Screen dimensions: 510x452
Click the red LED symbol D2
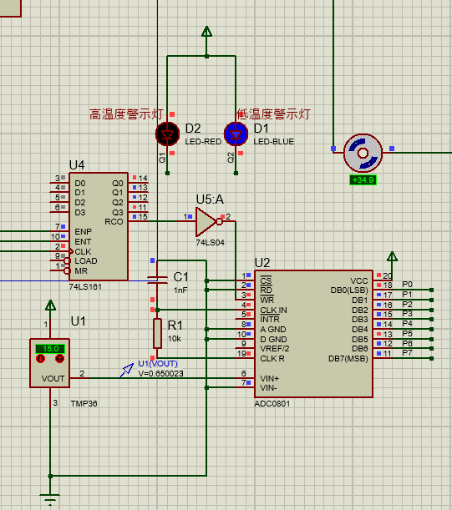click(168, 134)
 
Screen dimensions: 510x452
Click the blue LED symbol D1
click(236, 134)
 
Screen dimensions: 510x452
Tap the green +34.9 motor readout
click(363, 179)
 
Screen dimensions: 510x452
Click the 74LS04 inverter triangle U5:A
click(206, 221)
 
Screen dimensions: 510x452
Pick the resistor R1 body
click(156, 333)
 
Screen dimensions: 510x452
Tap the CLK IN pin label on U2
click(273, 310)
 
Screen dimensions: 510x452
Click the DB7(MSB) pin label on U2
click(348, 359)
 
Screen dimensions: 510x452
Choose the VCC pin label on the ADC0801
click(359, 280)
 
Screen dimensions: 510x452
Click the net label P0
click(407, 285)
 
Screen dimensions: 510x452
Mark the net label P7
click(407, 353)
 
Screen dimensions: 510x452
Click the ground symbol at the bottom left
click(51, 501)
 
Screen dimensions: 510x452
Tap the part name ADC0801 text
click(273, 402)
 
